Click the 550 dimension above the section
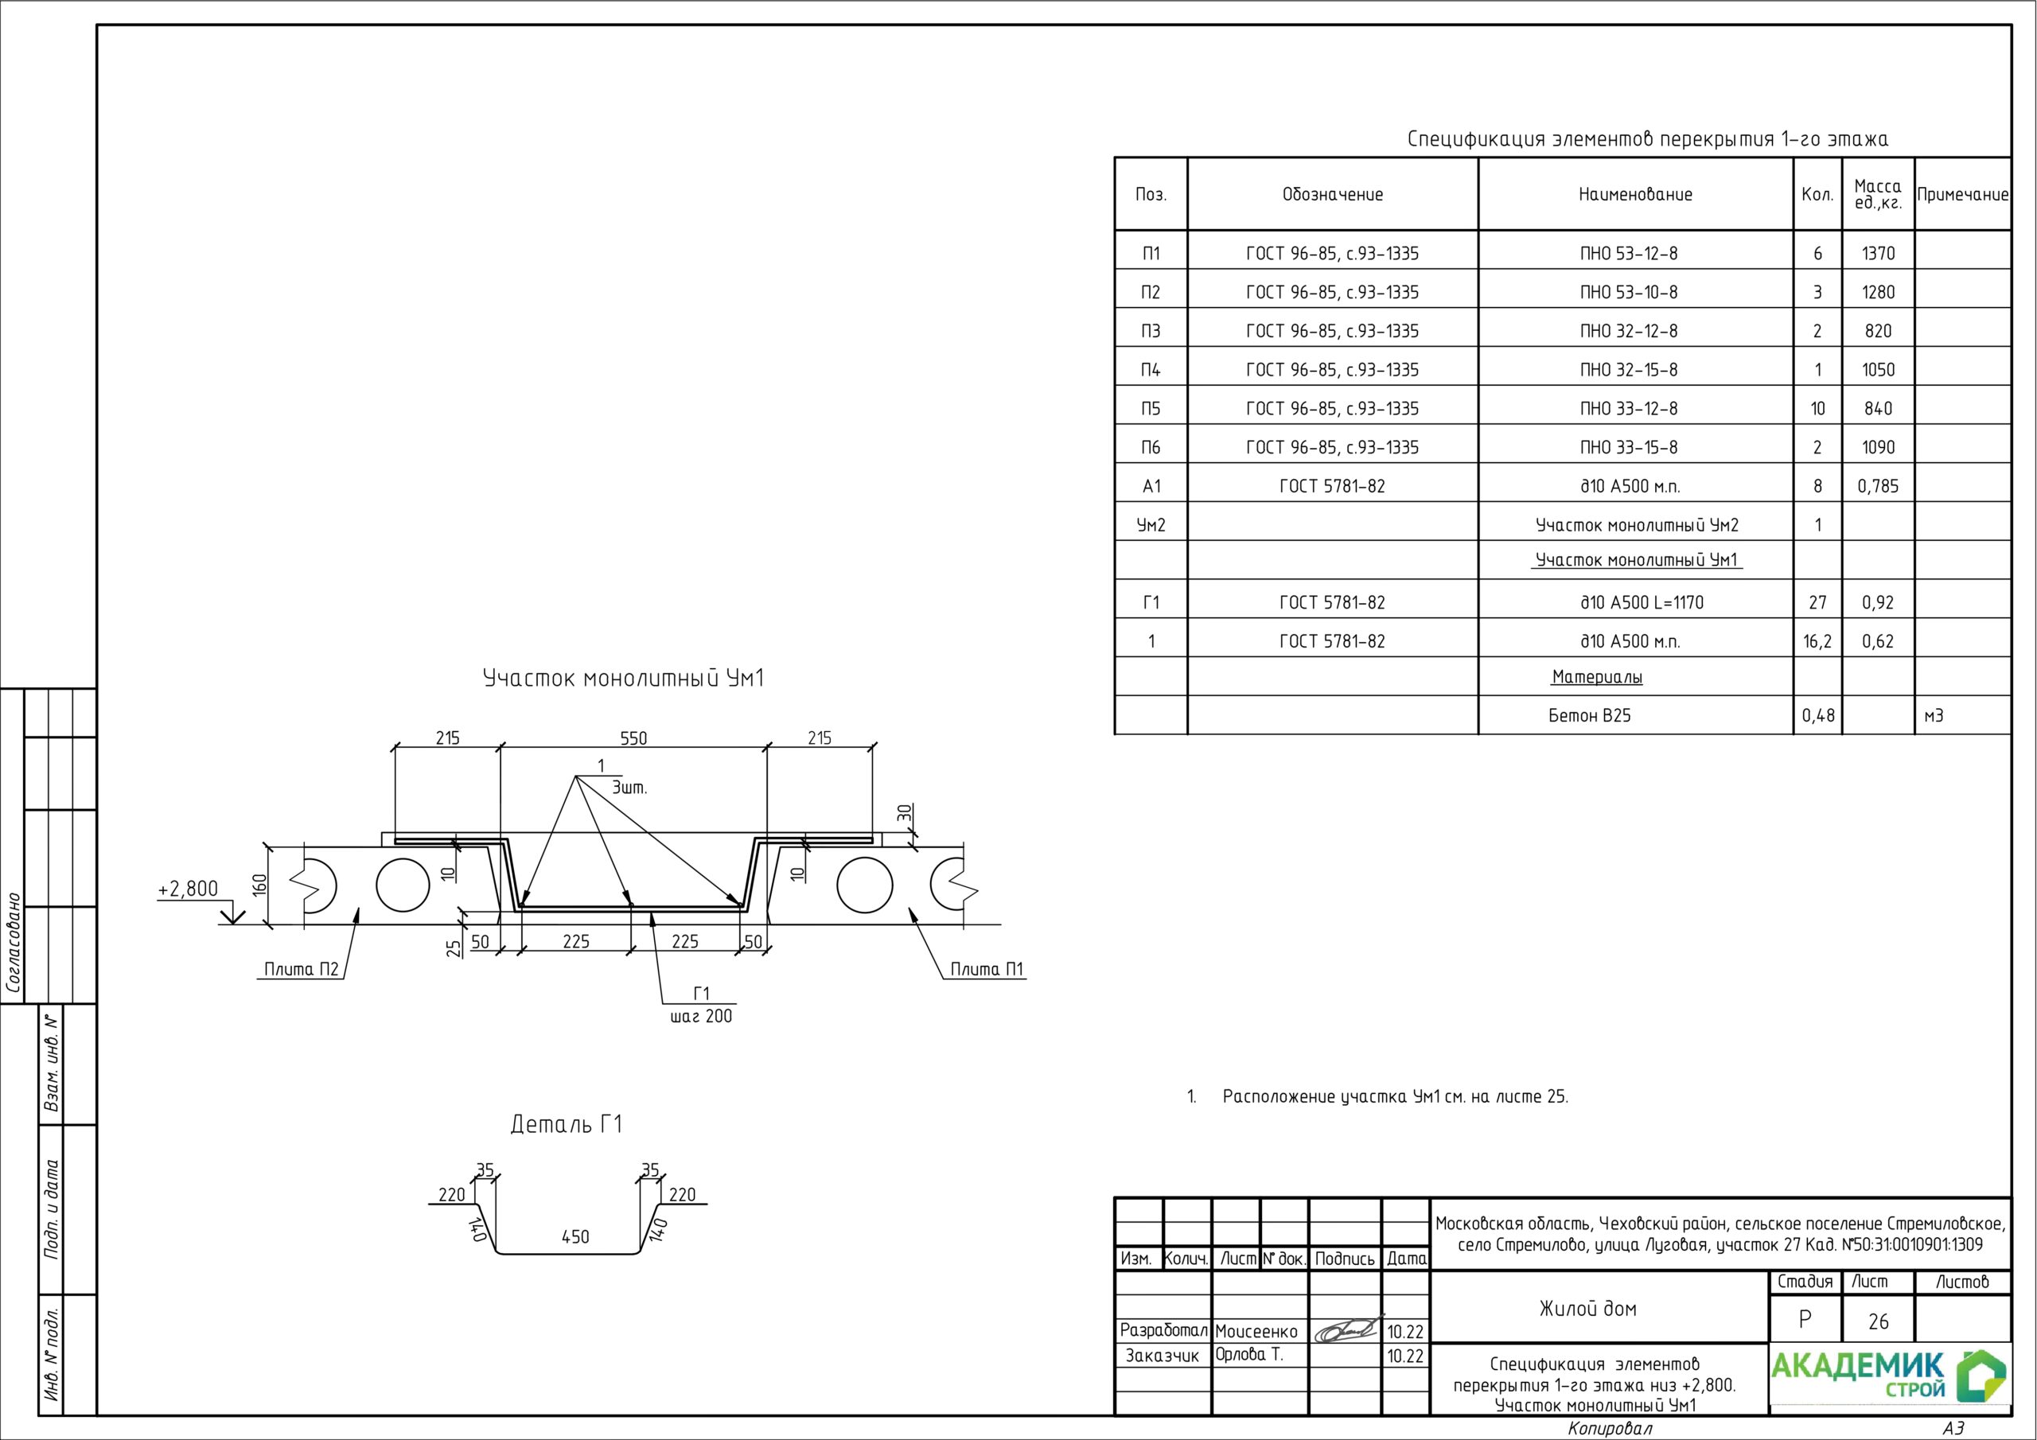633,738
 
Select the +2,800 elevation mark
187,889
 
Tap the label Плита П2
302,969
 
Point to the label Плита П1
987,969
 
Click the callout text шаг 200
701,1017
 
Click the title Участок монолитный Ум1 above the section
623,679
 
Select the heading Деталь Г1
566,1125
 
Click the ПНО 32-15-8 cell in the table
1629,370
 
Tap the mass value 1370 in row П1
1878,254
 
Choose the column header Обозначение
1333,194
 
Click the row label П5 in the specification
1151,409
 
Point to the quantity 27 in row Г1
1818,602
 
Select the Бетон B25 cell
1590,716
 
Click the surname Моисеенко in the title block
1256,1332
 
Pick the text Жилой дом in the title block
1588,1309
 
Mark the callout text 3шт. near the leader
630,788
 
